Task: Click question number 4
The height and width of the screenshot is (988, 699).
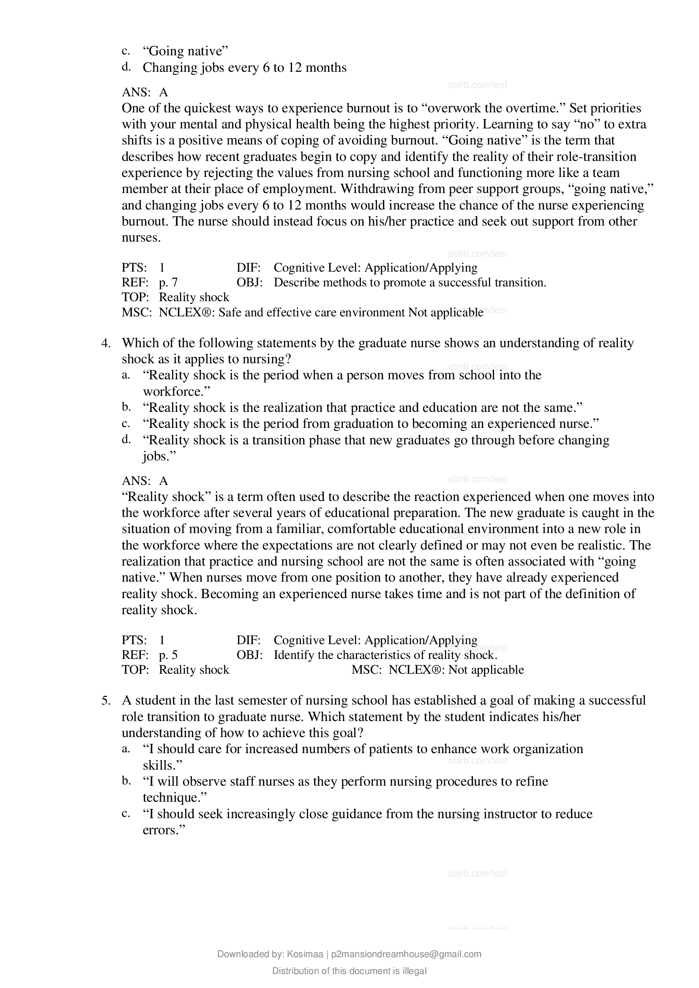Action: tap(106, 343)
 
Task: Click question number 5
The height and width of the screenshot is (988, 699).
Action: tap(106, 700)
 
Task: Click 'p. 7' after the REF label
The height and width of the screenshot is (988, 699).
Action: tap(168, 283)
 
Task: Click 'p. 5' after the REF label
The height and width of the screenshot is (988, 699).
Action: tap(168, 655)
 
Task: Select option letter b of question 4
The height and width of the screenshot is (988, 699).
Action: tap(126, 407)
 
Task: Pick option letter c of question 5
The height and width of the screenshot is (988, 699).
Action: tap(126, 813)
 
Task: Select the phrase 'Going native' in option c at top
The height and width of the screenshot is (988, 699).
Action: tap(185, 51)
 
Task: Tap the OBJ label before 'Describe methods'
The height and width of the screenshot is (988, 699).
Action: tap(249, 283)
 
